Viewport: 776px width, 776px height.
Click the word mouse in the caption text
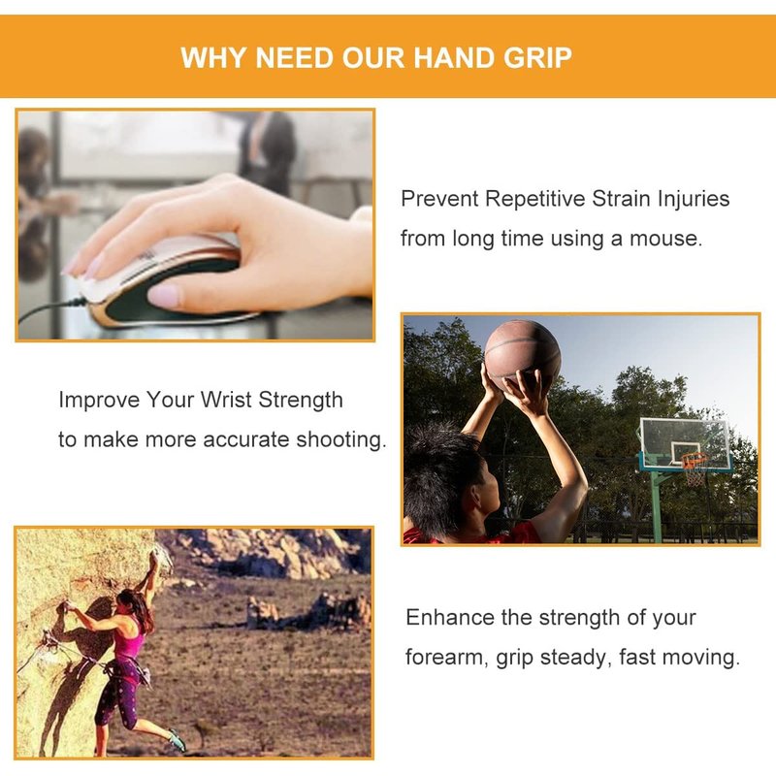(x=665, y=239)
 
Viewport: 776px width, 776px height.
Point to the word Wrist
(x=226, y=400)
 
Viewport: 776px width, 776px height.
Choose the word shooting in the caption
(x=341, y=440)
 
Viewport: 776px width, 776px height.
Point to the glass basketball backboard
(x=686, y=443)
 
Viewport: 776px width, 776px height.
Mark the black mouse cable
(x=50, y=308)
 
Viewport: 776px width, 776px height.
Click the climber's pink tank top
(x=129, y=637)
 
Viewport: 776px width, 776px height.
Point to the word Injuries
(x=694, y=200)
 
